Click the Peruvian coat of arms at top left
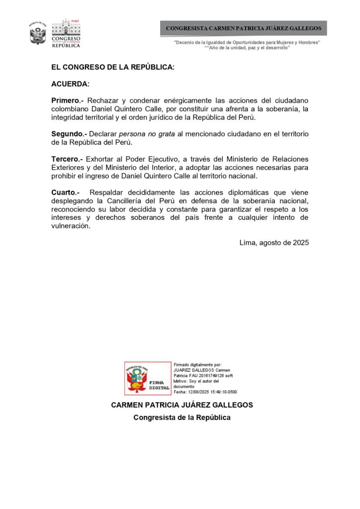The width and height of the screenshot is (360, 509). tap(38, 33)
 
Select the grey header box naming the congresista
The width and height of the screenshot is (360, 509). tap(243, 28)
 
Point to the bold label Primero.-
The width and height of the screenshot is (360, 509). tap(68, 100)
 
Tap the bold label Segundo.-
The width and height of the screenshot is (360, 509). tap(70, 134)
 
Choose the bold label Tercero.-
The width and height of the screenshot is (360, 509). tap(67, 159)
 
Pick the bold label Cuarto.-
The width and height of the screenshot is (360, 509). tap(66, 192)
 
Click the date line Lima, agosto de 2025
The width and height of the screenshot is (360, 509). tap(274, 243)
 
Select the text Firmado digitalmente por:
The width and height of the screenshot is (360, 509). tap(198, 365)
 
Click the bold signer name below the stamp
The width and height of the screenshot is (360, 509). tap(181, 405)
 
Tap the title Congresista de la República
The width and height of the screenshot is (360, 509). tap(181, 418)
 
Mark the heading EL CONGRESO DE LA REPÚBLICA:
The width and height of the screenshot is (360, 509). tap(113, 67)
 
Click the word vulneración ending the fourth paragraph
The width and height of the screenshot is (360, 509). tap(71, 226)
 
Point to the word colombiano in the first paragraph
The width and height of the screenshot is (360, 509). tap(70, 109)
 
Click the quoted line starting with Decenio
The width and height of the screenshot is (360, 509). tap(247, 43)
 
